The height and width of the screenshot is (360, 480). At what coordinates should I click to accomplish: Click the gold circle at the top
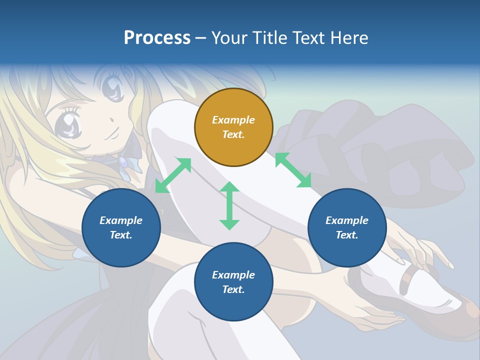coord(233,127)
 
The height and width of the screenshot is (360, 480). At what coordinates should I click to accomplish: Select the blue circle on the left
coord(121,227)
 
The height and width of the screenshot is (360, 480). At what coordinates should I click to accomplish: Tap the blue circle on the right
coord(347,227)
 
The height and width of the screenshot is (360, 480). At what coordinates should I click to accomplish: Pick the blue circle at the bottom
coord(233,282)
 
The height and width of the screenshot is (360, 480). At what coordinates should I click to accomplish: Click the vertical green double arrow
coord(229,205)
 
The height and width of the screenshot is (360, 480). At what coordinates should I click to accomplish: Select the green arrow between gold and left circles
coord(173,175)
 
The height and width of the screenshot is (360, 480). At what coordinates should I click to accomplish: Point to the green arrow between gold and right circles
coord(293,170)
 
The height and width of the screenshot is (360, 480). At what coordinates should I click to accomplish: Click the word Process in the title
coord(157,37)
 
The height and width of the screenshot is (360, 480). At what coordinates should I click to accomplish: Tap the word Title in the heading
coord(270,37)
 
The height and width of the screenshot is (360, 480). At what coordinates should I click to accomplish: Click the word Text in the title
coord(310,37)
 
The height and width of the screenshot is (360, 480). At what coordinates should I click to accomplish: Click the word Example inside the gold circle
coord(233,120)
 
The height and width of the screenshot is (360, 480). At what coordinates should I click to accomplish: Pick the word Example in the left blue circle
coord(121,220)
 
